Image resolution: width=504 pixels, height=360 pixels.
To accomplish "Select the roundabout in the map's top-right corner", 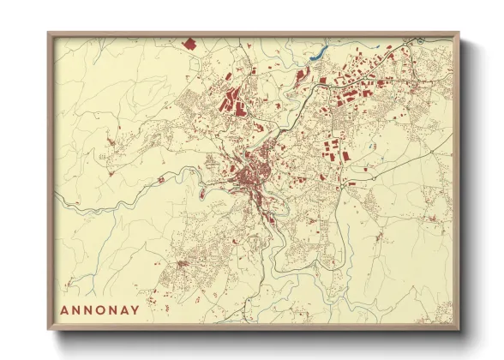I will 420,41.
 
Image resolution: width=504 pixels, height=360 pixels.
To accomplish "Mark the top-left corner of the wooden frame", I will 49,33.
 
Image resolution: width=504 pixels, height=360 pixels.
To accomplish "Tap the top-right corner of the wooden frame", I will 459,33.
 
